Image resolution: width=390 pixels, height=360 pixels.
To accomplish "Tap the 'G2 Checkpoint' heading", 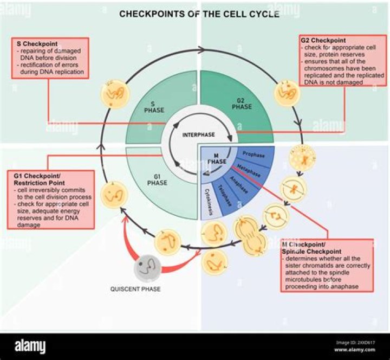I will pos(324,41).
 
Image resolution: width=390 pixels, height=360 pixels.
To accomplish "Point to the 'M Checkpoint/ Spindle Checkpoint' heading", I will pos(312,248).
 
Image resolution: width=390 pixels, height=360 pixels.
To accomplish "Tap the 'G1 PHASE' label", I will pos(157,179).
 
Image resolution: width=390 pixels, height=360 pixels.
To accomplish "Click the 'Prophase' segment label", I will pos(253,155).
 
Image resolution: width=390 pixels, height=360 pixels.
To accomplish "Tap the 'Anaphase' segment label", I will pos(238,184).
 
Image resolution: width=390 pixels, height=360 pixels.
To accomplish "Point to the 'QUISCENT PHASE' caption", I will pos(135,289).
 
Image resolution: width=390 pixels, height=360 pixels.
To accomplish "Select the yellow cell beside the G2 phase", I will pos(285,93).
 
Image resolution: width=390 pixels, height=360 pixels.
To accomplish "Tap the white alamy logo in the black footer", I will pos(30,346).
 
